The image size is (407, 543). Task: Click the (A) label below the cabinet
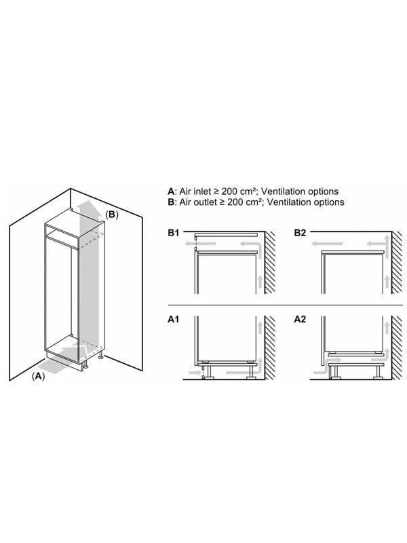pos(39,376)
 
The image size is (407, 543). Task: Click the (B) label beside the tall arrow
pos(111,214)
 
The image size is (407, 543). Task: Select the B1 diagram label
pos(174,233)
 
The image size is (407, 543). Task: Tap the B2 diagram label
pos(300,233)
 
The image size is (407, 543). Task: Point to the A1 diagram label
pos(174,319)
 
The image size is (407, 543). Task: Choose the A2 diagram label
pos(300,319)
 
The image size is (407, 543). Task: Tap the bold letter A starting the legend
pos(171,191)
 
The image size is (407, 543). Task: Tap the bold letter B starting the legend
pos(171,202)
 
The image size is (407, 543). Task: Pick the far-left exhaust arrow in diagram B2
pos(327,244)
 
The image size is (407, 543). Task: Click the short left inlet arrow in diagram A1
pos(195,373)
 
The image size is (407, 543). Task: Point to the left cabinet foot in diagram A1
pos(208,372)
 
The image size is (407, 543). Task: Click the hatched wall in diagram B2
pos(397,263)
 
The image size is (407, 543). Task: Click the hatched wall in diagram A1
pos(270,348)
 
